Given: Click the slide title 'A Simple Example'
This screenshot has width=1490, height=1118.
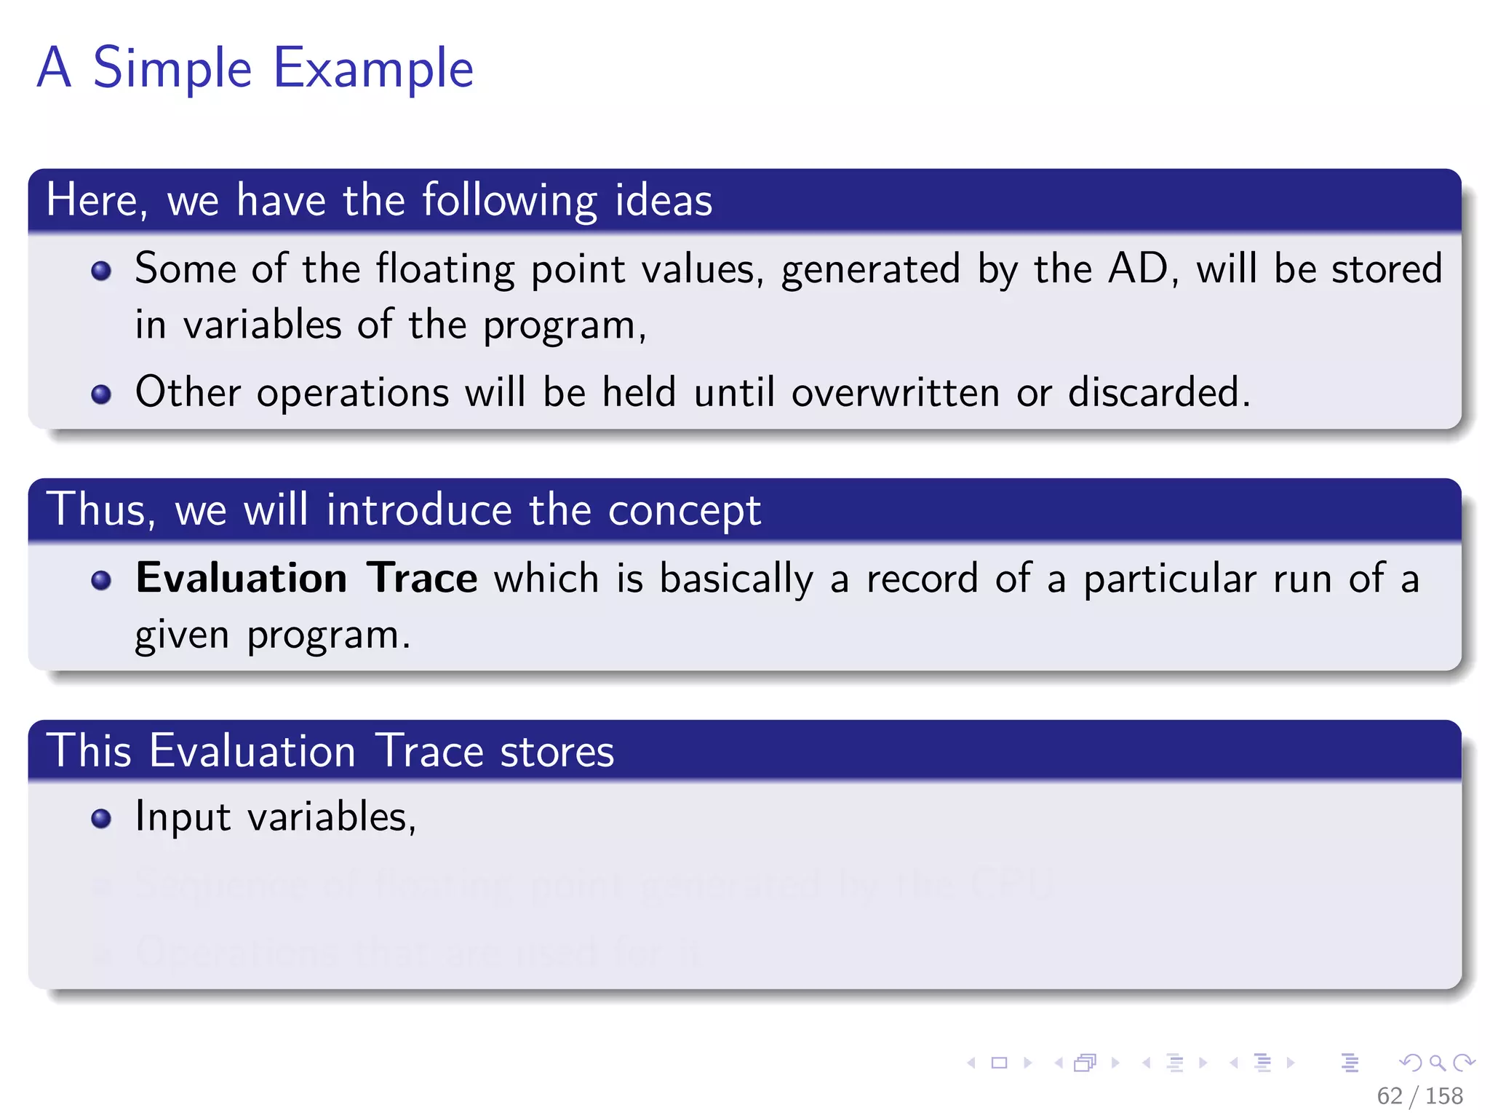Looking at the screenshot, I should point(255,68).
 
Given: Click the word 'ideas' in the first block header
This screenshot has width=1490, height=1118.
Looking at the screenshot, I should point(663,200).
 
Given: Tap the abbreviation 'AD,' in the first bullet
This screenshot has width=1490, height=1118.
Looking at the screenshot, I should point(1143,269).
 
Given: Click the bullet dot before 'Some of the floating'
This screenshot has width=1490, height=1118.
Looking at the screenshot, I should point(101,271).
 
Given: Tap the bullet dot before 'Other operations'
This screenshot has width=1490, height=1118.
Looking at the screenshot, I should point(101,395).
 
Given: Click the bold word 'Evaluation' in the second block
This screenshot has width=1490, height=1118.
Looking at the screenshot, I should point(242,579).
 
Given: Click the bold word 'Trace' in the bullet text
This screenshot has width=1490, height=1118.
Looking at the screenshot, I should point(421,579).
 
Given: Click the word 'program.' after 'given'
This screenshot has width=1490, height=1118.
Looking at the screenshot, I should point(328,635).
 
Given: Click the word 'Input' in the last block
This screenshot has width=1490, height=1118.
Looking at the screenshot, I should point(182,817).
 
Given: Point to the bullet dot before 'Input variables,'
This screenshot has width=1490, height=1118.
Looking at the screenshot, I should point(101,819).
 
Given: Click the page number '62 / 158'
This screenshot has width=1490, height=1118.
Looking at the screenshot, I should point(1419,1095).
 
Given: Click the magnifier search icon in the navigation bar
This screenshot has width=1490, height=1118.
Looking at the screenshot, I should point(1437,1063).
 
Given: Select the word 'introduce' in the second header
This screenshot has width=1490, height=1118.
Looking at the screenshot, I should point(418,510).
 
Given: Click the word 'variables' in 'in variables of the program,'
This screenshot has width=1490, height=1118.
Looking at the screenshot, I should point(262,325).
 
